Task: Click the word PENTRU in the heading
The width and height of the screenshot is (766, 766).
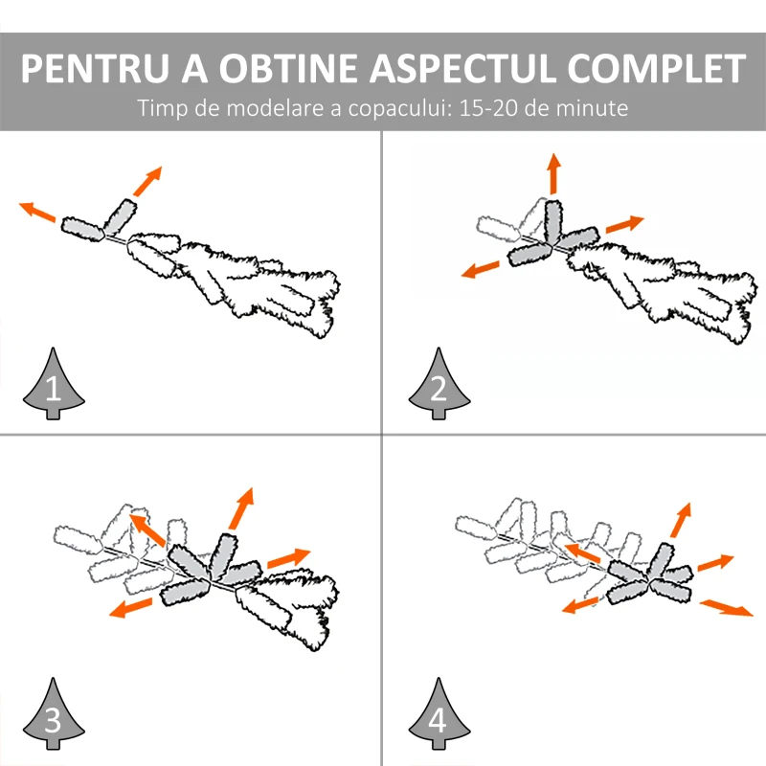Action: coord(95,68)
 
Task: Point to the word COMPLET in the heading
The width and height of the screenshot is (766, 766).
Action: coord(656,68)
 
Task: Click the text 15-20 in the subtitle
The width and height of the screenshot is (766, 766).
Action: coord(488,108)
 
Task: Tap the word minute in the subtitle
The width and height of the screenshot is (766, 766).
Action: coord(592,108)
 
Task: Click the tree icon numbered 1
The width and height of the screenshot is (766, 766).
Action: coord(54,384)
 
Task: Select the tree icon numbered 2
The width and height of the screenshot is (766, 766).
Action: coord(439,384)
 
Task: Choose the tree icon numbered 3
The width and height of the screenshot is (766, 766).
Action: coord(54,713)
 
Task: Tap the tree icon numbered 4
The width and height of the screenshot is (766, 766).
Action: coord(439,713)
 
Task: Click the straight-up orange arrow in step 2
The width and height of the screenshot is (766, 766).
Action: coord(553,173)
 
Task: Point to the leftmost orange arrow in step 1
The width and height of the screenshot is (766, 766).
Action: coord(37,212)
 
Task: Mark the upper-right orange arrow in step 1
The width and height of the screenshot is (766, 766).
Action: coord(147,181)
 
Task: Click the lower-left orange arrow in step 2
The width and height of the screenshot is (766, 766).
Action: coord(481,270)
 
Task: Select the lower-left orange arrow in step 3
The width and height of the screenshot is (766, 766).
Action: coord(130,607)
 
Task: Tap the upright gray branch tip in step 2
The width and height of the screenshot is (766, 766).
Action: coord(553,222)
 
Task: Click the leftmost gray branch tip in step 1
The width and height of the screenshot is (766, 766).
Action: coord(83,229)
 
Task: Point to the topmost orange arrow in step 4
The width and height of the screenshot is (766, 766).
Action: coord(681,520)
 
